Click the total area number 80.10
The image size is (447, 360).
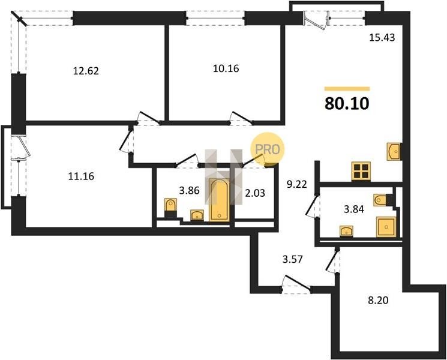(x=347, y=104)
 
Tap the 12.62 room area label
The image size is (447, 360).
(x=86, y=71)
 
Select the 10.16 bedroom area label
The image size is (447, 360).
(x=226, y=68)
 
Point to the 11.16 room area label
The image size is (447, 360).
(x=81, y=176)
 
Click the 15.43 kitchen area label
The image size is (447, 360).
(x=382, y=37)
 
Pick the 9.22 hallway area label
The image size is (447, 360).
(x=297, y=184)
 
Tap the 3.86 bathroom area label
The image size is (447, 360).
(x=189, y=190)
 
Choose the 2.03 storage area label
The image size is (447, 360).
(x=255, y=193)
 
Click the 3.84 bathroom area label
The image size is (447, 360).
(x=354, y=209)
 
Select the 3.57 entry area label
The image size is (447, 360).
(x=292, y=259)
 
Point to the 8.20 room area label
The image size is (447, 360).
(x=378, y=300)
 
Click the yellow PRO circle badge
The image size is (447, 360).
(x=268, y=149)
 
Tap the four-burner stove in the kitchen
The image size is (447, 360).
(x=361, y=171)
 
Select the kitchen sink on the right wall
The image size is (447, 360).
(x=394, y=152)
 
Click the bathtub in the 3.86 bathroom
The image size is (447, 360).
(x=219, y=200)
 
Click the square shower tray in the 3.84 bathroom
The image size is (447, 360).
(x=386, y=227)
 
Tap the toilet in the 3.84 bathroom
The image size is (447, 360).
(x=380, y=200)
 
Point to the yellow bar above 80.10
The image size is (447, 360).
(x=347, y=89)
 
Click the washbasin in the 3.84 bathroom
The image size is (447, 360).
(x=346, y=231)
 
